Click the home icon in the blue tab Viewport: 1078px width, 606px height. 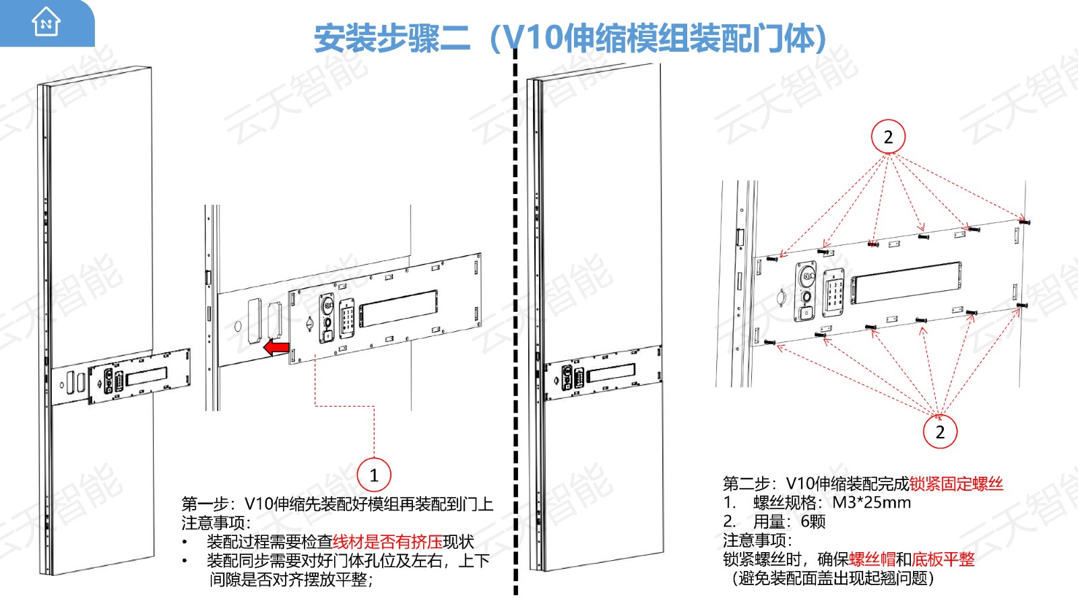pyautogui.click(x=46, y=22)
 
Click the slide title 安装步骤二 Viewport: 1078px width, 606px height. pyautogui.click(x=392, y=38)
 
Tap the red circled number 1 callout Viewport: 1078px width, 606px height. pyautogui.click(x=374, y=475)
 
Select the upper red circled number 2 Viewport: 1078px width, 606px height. pyautogui.click(x=889, y=137)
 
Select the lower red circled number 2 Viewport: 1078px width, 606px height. pyautogui.click(x=940, y=432)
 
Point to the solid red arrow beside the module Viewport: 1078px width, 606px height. pyautogui.click(x=276, y=347)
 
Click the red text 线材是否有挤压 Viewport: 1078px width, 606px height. pyautogui.click(x=387, y=541)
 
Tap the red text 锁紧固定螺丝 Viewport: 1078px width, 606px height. pyautogui.click(x=956, y=483)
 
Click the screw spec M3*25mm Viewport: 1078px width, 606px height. pyautogui.click(x=872, y=502)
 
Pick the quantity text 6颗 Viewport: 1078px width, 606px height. pyautogui.click(x=813, y=521)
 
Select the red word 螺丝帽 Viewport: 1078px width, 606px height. pyautogui.click(x=873, y=560)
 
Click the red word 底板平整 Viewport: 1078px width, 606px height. pyautogui.click(x=943, y=560)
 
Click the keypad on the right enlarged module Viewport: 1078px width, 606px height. pyautogui.click(x=833, y=293)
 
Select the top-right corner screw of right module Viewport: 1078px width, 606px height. pyautogui.click(x=1023, y=222)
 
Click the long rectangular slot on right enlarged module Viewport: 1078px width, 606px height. pyautogui.click(x=906, y=283)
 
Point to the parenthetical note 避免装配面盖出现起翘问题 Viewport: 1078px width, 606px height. pyautogui.click(x=833, y=578)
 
